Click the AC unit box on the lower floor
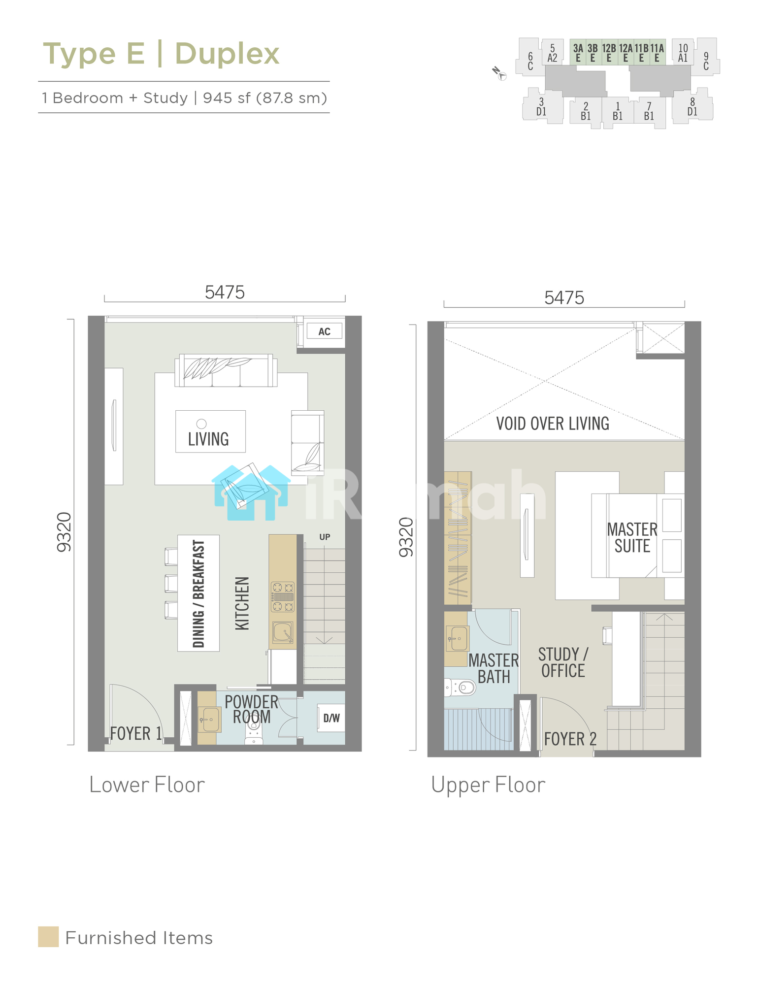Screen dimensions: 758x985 tap(324, 331)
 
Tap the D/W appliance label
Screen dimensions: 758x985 tap(331, 718)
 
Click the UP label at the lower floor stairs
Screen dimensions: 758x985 tap(325, 537)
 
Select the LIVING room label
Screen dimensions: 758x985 tap(208, 439)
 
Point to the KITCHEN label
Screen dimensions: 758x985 tap(242, 603)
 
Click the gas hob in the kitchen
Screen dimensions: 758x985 tap(283, 597)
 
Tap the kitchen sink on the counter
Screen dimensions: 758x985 tap(283, 632)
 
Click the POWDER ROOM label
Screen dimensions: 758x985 tap(252, 709)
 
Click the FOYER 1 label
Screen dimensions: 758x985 tap(136, 733)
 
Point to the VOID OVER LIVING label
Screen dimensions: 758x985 tap(553, 424)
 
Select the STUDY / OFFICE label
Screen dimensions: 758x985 tap(563, 662)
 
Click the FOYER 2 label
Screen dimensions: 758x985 tap(570, 739)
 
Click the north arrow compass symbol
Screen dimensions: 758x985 tap(499, 74)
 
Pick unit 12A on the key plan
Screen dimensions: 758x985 tap(626, 52)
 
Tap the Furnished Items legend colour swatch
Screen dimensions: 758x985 tap(48, 937)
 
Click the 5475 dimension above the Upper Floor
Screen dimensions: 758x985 tap(564, 297)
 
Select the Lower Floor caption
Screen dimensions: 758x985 tap(147, 785)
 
